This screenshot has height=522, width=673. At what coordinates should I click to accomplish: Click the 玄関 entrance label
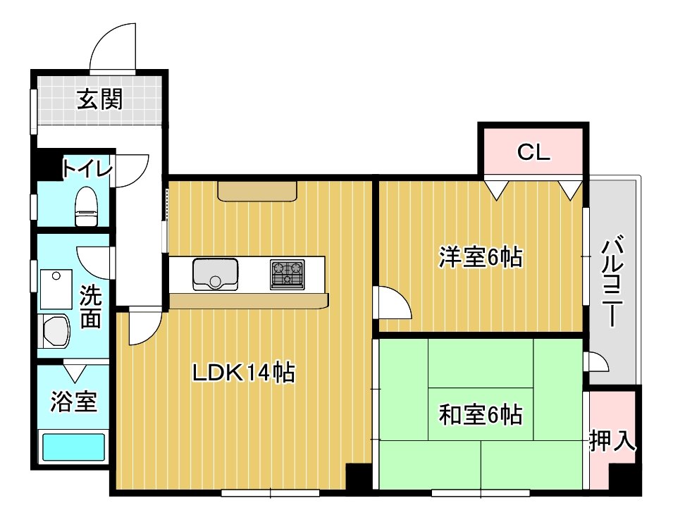click(x=99, y=100)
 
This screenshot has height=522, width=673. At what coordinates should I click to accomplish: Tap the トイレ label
click(x=86, y=169)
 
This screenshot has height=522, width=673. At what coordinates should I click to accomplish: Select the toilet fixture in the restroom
click(x=86, y=206)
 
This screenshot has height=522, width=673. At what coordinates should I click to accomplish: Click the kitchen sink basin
click(x=215, y=273)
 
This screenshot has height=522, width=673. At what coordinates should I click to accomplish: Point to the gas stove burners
click(x=287, y=273)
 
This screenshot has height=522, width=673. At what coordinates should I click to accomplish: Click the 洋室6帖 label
click(x=481, y=258)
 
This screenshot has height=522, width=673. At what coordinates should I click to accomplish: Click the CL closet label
click(x=533, y=152)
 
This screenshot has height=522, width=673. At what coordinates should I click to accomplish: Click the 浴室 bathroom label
click(x=73, y=402)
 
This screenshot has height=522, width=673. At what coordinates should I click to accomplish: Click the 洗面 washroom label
click(x=89, y=306)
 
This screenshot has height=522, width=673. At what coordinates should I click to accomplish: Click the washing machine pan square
click(x=56, y=288)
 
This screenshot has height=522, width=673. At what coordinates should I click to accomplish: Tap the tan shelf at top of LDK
click(x=257, y=191)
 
